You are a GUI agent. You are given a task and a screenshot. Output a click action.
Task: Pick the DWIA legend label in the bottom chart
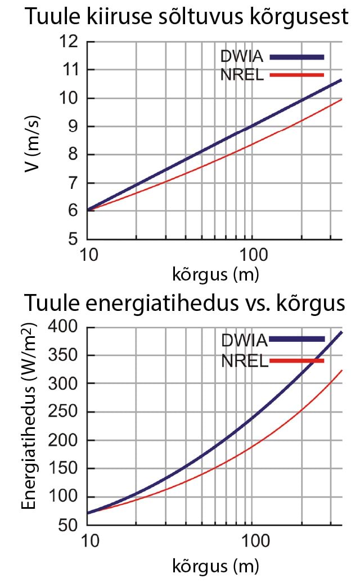[x=244, y=340]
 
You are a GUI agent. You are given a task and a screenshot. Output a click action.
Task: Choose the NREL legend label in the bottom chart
[x=245, y=360]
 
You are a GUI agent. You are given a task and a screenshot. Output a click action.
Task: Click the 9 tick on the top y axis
[x=73, y=126]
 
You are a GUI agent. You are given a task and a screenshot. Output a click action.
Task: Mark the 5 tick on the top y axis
[x=73, y=239]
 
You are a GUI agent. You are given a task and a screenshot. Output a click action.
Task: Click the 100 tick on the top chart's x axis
[x=251, y=257]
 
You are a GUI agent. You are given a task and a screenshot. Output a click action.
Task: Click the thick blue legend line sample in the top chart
[x=297, y=57]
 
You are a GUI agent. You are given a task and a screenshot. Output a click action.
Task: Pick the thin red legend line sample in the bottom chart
[x=297, y=360]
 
